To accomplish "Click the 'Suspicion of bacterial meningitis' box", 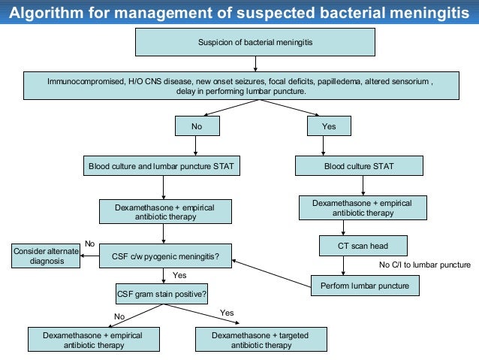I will click(x=255, y=42).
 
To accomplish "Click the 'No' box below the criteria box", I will click(x=196, y=126).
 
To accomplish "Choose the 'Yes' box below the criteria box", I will click(x=329, y=126).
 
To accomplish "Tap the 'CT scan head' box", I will click(x=363, y=246).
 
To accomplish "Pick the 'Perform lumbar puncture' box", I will click(x=365, y=286).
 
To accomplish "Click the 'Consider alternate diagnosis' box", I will click(x=46, y=256).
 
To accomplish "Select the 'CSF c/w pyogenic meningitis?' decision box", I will click(x=165, y=256).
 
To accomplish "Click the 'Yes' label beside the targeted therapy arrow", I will click(x=227, y=312).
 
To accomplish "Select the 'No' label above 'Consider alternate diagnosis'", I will click(x=89, y=244).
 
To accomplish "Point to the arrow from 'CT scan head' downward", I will click(x=344, y=266).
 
